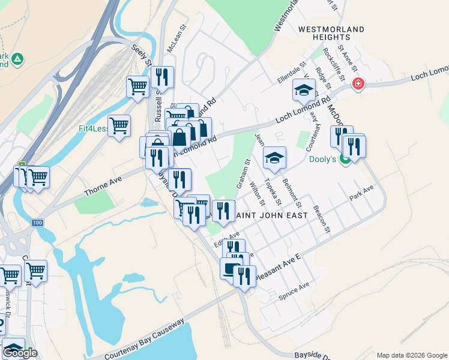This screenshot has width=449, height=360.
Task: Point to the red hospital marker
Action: tap(358, 83)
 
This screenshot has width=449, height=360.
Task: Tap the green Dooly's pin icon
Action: tap(345, 160)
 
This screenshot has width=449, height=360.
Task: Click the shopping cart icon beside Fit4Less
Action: tap(119, 126)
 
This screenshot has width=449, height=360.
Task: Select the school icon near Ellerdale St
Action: tap(304, 91)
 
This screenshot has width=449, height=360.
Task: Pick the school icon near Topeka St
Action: tap(275, 158)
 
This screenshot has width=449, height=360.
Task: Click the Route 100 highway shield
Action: tap(37, 223)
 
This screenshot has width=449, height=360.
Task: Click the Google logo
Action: tap(20, 353)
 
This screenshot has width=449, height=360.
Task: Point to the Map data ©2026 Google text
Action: tap(411, 355)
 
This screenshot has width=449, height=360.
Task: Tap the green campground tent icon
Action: tap(17, 59)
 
